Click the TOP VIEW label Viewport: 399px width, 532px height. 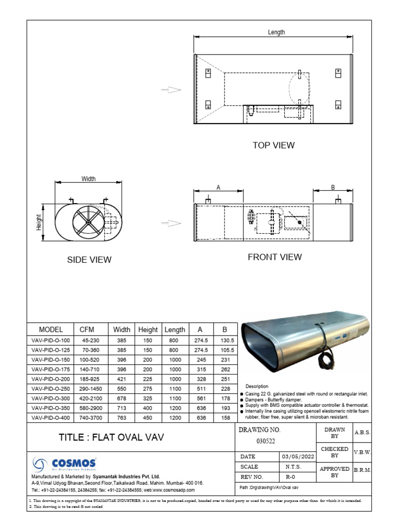tap(273, 145)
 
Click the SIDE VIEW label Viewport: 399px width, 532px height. tap(89, 259)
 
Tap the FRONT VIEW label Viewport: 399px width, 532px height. tap(274, 257)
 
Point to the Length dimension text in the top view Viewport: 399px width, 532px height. tap(276, 32)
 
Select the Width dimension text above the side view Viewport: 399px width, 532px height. tap(88, 179)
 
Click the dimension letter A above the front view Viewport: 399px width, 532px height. tap(219, 187)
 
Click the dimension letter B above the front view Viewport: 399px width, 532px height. tap(332, 187)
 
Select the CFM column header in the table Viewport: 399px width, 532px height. tap(87, 329)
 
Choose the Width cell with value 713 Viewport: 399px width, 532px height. tap(121, 408)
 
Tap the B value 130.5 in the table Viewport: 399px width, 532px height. tap(225, 340)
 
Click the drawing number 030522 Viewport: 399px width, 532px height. tap(267, 441)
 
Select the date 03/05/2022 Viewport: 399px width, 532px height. tap(297, 457)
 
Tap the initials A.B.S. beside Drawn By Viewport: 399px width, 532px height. tap(362, 432)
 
